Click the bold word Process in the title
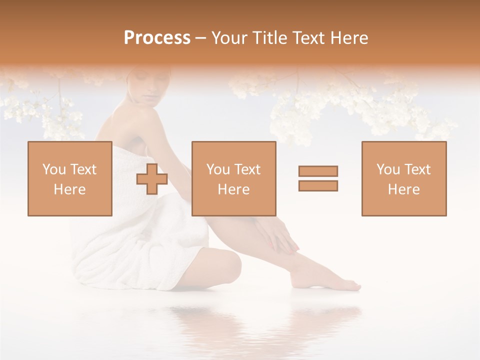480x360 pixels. (x=157, y=38)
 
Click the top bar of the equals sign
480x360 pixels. (x=318, y=171)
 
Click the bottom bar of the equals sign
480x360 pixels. (x=318, y=185)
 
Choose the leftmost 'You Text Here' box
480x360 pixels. (x=69, y=178)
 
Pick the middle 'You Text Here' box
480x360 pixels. (x=233, y=178)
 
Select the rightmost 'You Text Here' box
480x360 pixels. (x=403, y=178)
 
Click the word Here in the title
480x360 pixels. (x=348, y=38)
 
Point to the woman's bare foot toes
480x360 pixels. (x=354, y=286)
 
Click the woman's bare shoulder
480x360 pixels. (x=120, y=120)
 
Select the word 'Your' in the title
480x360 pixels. (x=228, y=38)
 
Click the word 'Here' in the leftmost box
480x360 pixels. (x=69, y=189)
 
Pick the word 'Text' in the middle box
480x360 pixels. (x=247, y=169)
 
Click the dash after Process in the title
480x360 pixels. (x=200, y=38)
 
